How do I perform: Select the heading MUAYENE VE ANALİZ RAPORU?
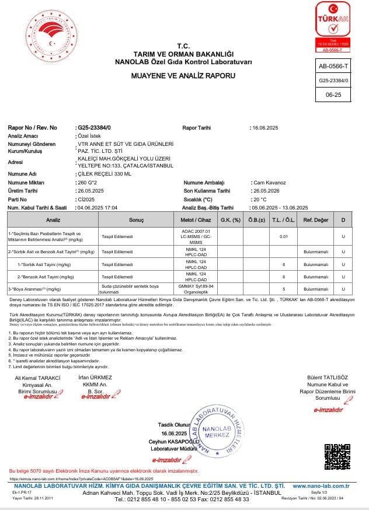point(183,76)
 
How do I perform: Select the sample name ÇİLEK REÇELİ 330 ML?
point(105,174)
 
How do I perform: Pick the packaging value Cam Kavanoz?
point(269,183)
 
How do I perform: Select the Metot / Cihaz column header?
point(196,220)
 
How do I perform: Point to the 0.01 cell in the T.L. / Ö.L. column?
point(284,236)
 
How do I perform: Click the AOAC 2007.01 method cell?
point(196,236)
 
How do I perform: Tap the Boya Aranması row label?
point(35,289)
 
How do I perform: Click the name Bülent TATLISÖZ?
point(328,378)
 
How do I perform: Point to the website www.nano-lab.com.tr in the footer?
point(321,485)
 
